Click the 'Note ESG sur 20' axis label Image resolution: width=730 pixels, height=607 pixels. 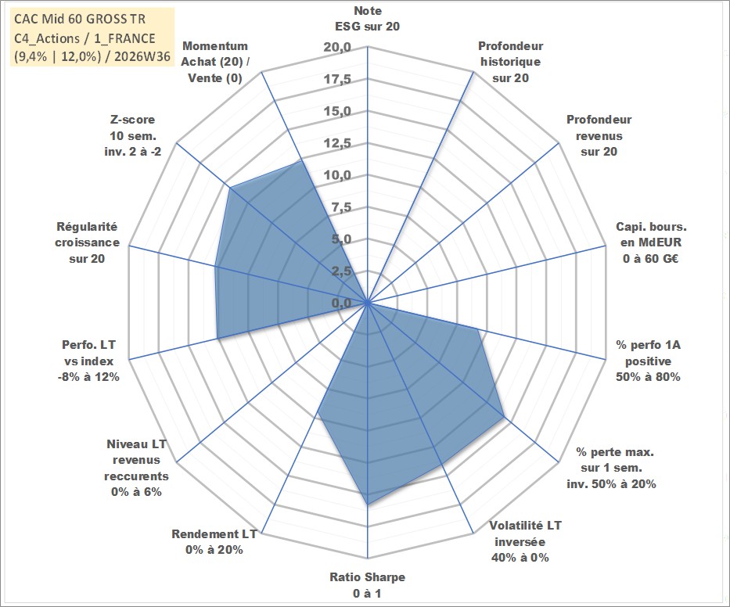tap(367, 19)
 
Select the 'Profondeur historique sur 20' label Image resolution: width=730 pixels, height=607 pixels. tap(510, 62)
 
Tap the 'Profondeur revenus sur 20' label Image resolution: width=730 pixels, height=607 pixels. tap(599, 135)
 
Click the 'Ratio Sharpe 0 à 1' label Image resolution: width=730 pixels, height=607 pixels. tap(367, 585)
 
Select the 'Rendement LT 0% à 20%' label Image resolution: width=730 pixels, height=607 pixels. tap(214, 542)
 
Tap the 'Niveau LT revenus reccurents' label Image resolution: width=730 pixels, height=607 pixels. tap(136, 468)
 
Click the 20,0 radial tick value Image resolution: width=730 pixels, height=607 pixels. tap(337, 48)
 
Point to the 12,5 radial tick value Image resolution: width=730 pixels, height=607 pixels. tap(337, 143)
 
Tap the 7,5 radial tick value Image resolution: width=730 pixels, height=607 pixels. tap(341, 207)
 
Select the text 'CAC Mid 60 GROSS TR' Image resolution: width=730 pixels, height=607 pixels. tap(80, 19)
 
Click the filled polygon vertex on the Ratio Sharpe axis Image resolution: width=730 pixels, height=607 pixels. tap(368, 504)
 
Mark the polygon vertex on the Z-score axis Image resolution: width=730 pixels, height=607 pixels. tap(230, 188)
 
